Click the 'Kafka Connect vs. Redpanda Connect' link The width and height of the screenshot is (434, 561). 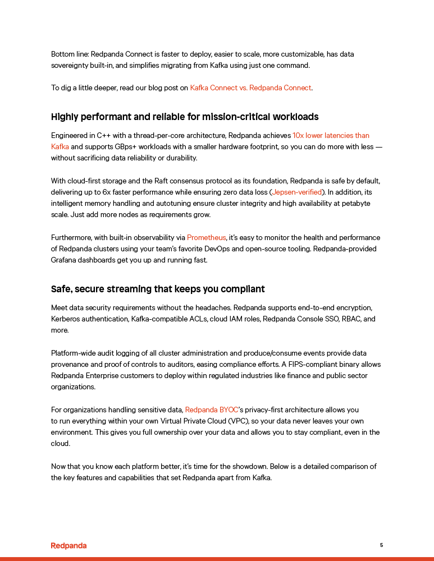click(x=250, y=88)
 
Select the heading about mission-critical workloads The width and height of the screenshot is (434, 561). click(x=185, y=117)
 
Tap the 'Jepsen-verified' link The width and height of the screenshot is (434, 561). click(x=297, y=192)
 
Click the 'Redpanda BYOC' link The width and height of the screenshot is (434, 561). click(x=211, y=410)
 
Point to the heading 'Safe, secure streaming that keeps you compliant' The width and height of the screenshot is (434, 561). click(x=158, y=289)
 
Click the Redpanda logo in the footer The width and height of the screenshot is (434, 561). click(x=68, y=545)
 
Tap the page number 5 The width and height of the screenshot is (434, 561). click(x=381, y=545)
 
